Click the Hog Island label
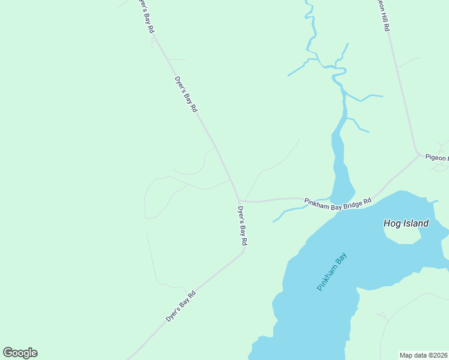pyautogui.click(x=406, y=224)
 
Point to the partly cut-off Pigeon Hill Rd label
pyautogui.click(x=382, y=15)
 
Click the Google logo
pyautogui.click(x=20, y=353)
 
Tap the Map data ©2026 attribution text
pyautogui.click(x=423, y=355)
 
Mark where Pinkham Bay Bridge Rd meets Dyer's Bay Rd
pyautogui.click(x=240, y=200)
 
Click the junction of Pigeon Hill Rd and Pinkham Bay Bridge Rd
pyautogui.click(x=418, y=155)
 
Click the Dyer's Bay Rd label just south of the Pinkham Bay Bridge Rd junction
pyautogui.click(x=242, y=226)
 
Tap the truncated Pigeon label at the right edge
pyautogui.click(x=436, y=158)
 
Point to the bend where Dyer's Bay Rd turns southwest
pyautogui.click(x=243, y=251)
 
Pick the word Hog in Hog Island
pyautogui.click(x=391, y=224)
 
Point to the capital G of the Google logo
pyautogui.click(x=8, y=353)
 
